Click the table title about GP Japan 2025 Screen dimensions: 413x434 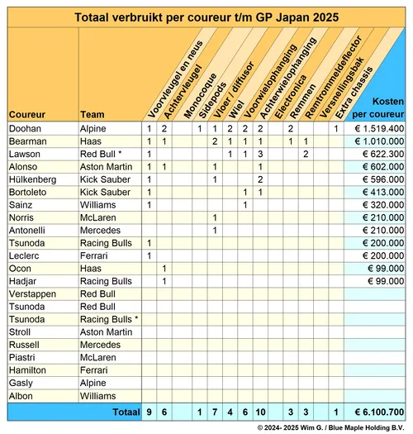[x=206, y=17]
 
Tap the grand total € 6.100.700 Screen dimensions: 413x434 [x=376, y=411]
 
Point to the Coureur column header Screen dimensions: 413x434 [x=27, y=113]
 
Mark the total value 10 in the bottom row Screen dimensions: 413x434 [x=259, y=411]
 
